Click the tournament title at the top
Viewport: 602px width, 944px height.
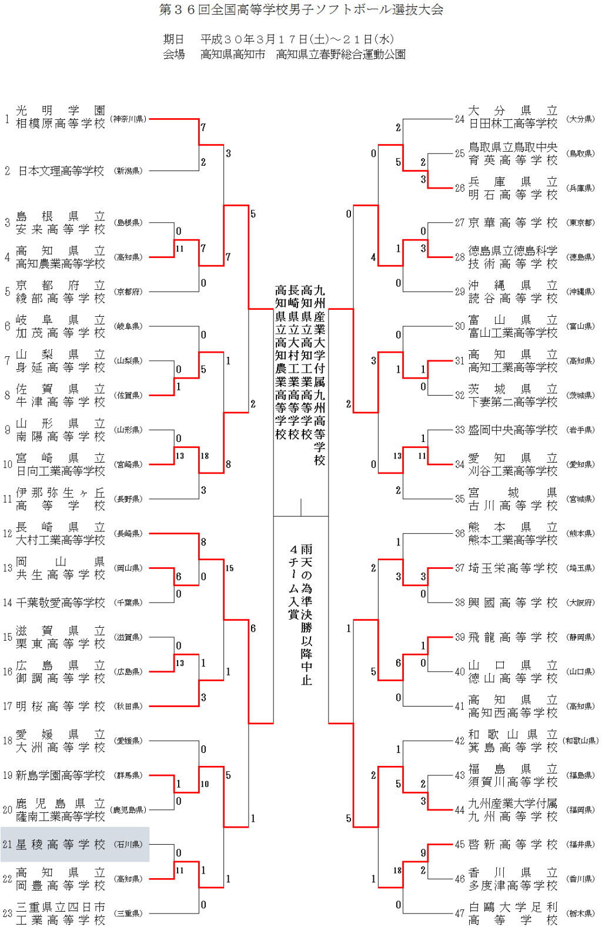click(301, 10)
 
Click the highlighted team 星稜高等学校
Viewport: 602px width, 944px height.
click(61, 845)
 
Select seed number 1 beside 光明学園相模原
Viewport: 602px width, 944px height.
click(7, 119)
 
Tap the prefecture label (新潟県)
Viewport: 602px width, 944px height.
click(128, 171)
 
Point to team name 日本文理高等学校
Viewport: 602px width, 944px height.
click(61, 171)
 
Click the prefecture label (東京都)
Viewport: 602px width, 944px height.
click(580, 223)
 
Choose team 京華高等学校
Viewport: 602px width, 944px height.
click(513, 223)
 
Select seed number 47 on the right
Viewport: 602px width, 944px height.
click(460, 913)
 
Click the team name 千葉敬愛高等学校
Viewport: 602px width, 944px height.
click(61, 602)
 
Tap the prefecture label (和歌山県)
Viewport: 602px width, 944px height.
click(580, 741)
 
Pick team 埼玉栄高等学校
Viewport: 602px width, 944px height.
click(513, 568)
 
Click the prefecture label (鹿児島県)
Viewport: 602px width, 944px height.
click(128, 810)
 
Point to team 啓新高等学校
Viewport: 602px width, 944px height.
click(513, 845)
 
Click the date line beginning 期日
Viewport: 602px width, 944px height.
click(278, 39)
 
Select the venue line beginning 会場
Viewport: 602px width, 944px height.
click(284, 55)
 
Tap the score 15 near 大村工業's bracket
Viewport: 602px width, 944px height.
click(229, 568)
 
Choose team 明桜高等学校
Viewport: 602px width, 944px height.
click(61, 706)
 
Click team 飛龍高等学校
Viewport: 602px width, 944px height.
click(513, 637)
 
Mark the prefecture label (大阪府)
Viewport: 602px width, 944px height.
click(580, 602)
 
